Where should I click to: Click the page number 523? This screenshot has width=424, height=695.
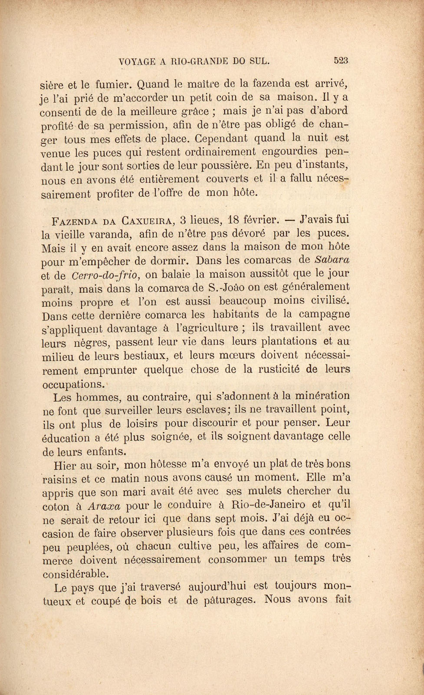342,61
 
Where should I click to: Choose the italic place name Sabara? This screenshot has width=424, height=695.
331,260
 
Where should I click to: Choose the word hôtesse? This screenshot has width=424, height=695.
171,465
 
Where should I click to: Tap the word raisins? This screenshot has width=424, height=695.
60,479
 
